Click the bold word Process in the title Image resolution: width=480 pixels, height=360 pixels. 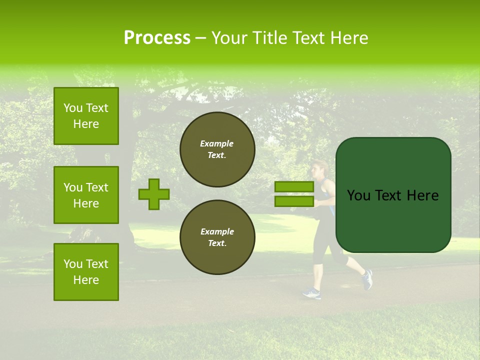pos(157,38)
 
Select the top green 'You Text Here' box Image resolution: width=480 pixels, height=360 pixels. pos(86,116)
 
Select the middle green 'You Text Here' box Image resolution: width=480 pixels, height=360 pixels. pos(86,195)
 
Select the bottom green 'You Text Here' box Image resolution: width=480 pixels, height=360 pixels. pos(86,272)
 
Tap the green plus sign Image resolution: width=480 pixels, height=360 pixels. pos(153,194)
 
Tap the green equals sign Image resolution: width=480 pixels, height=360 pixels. pos(294,194)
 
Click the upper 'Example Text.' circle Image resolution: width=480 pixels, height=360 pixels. pos(217,149)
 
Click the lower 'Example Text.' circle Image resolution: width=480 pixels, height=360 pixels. pos(217,237)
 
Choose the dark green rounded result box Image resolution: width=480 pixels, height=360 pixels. pos(393,195)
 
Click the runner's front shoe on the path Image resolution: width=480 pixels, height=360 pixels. pos(311,293)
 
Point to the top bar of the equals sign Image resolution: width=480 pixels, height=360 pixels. pos(294,186)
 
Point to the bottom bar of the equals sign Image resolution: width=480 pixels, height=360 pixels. pos(294,201)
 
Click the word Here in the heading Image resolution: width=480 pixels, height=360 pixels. pos(349,38)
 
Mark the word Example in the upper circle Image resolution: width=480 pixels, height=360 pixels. pos(217,143)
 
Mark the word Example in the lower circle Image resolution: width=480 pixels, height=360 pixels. pos(217,231)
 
